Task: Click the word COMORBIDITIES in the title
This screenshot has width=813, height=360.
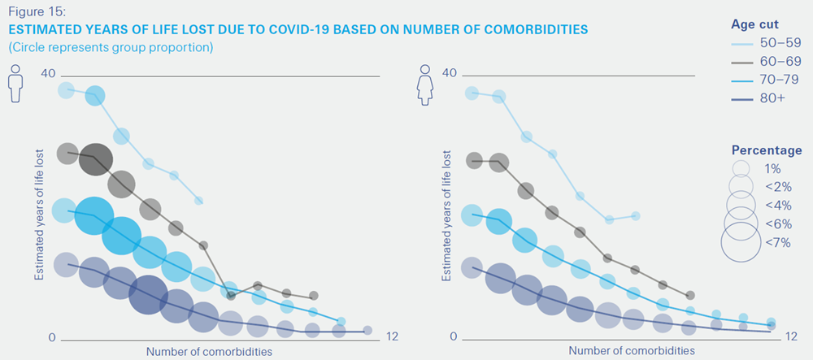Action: click(529, 29)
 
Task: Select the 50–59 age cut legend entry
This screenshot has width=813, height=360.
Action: click(780, 43)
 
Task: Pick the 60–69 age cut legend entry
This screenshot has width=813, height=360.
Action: click(780, 61)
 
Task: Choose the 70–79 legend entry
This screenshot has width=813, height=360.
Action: click(780, 80)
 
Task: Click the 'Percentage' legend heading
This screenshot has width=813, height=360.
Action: click(767, 150)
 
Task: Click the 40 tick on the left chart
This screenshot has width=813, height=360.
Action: click(48, 74)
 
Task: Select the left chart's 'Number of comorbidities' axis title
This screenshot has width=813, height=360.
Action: click(209, 351)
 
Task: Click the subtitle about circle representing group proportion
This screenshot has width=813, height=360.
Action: click(111, 47)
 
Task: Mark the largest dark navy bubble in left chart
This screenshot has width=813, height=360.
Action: click(148, 294)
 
